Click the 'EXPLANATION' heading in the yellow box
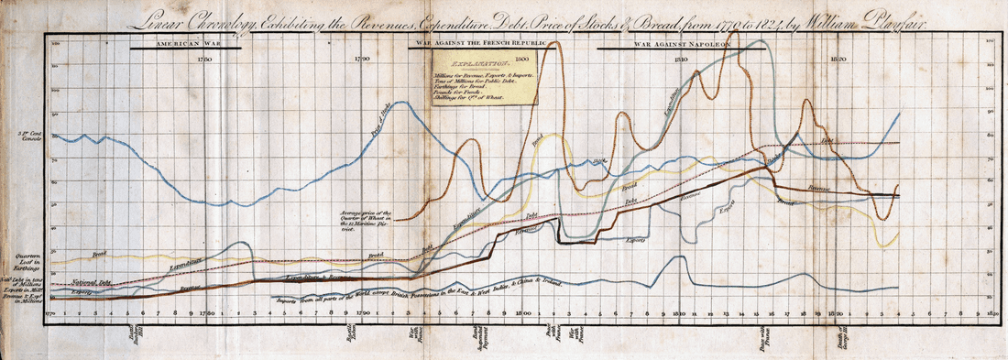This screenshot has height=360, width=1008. pyautogui.click(x=486, y=65)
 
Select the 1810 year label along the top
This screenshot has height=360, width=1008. pyautogui.click(x=680, y=59)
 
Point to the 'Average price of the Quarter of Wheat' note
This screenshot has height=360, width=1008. pyautogui.click(x=340, y=221)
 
